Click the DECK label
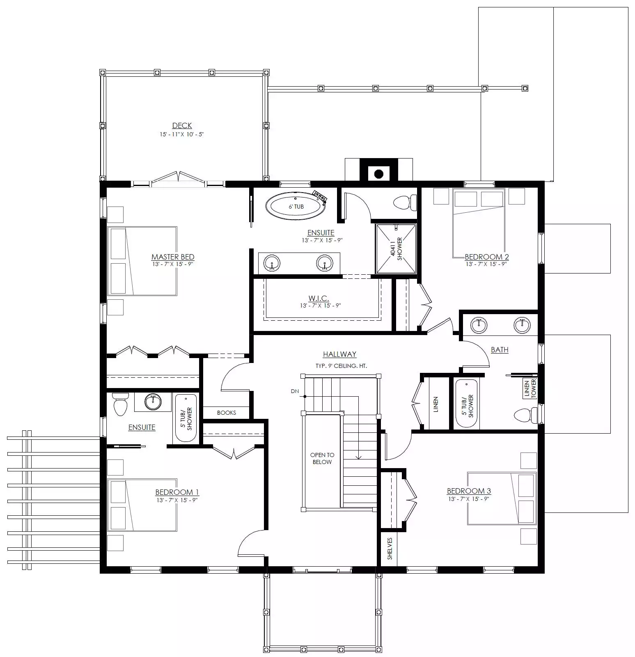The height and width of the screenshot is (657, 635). (182, 126)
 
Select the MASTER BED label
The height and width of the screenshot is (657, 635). (173, 257)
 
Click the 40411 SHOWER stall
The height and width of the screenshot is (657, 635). (396, 248)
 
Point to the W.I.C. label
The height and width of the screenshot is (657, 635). (319, 299)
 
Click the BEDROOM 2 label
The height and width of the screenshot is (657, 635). (486, 257)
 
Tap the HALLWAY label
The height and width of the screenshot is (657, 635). (339, 354)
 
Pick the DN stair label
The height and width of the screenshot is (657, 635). (295, 391)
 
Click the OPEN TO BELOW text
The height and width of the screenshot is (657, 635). (322, 458)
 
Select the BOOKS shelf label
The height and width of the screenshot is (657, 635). (227, 413)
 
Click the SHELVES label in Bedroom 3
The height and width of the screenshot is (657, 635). (390, 548)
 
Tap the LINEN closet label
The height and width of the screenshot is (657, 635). (436, 404)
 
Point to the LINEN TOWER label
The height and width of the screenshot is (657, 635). (530, 389)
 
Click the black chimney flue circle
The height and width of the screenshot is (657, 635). (378, 174)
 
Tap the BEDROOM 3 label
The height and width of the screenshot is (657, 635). (469, 491)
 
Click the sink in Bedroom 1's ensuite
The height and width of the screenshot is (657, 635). (153, 401)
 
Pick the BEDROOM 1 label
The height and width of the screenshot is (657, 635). (177, 492)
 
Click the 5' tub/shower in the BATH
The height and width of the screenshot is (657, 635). (466, 404)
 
